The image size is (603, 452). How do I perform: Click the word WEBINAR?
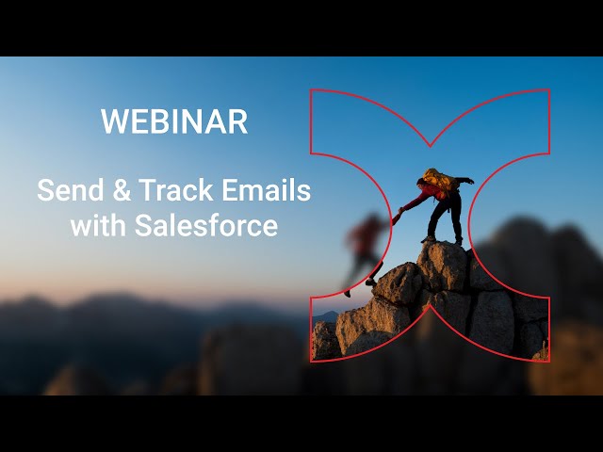(174, 121)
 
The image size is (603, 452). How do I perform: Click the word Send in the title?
(69, 190)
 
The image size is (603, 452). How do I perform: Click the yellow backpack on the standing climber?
(438, 178)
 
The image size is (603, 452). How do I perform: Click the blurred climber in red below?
(365, 240)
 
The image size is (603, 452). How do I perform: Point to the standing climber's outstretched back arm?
(464, 181)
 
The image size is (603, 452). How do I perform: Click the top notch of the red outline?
(431, 146)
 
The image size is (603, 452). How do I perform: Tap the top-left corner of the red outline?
(311, 91)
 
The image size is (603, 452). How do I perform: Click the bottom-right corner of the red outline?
(549, 361)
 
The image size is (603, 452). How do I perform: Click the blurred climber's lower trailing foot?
(348, 293)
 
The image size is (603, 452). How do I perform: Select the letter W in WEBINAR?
(112, 121)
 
